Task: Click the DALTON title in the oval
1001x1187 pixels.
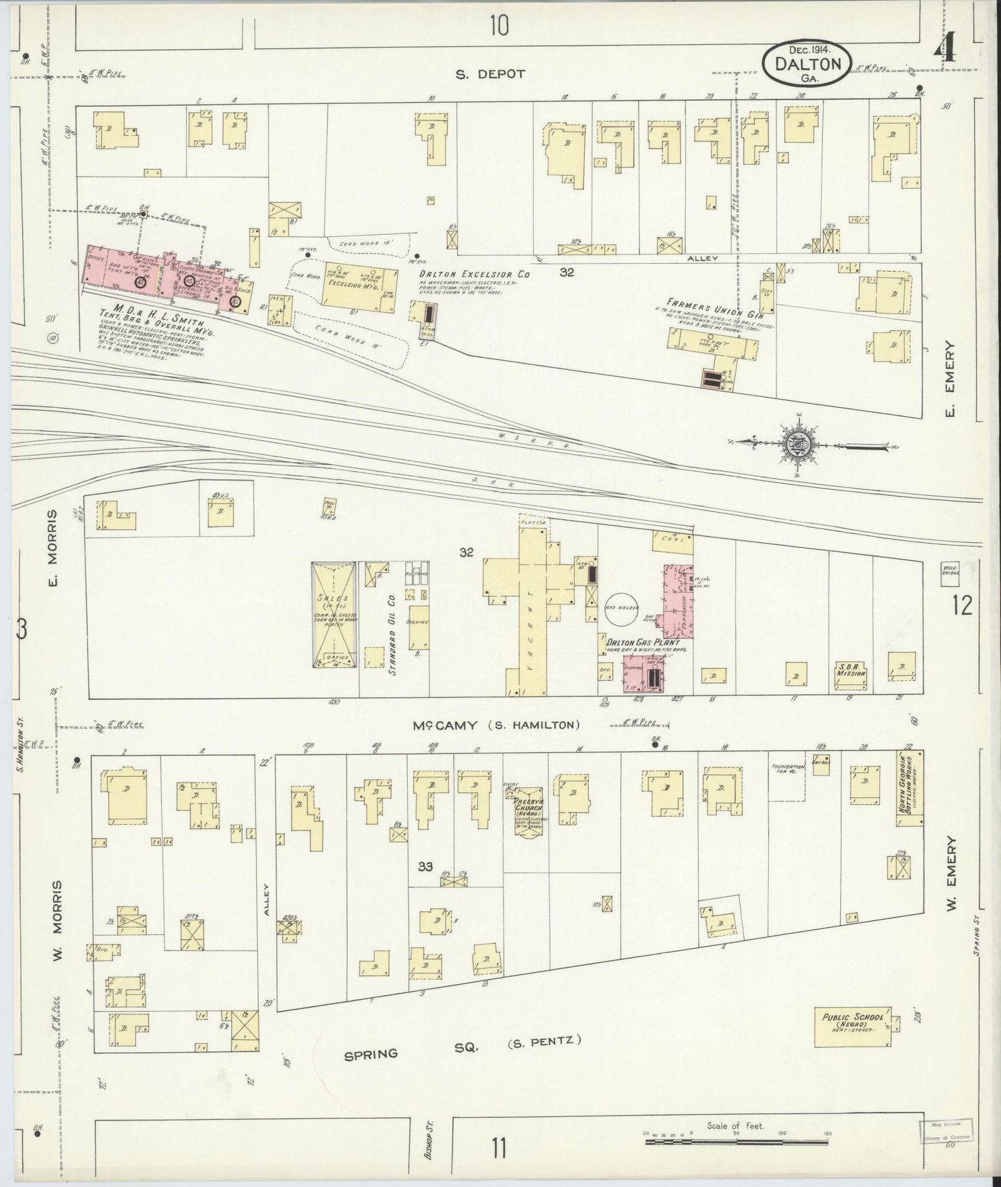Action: [808, 64]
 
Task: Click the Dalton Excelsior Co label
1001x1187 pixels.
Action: [475, 275]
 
